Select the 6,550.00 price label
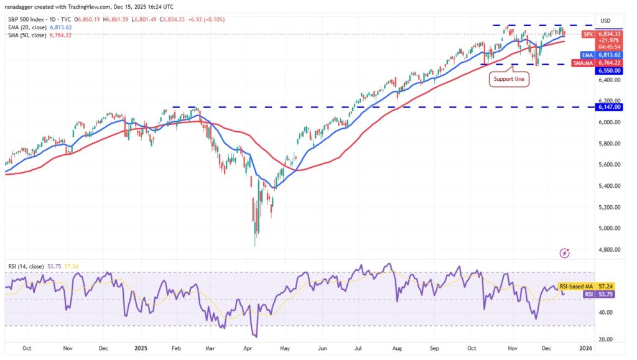(610, 70)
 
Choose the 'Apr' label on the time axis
(248, 349)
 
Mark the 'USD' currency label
(605, 21)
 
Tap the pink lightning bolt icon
(565, 252)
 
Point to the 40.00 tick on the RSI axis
(605, 313)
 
